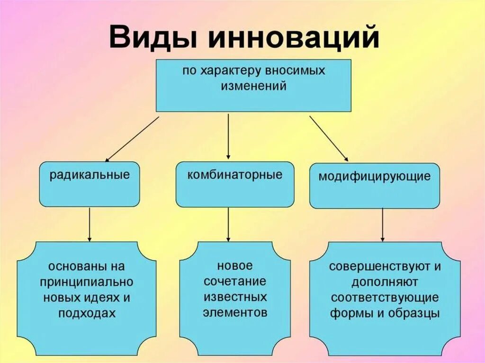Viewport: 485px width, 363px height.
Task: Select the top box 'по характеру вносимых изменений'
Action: click(253, 85)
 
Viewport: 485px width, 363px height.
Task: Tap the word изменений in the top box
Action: click(254, 87)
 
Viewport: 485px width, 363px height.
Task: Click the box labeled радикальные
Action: click(90, 184)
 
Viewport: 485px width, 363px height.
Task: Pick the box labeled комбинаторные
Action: click(235, 184)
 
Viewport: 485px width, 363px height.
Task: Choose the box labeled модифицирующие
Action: click(374, 186)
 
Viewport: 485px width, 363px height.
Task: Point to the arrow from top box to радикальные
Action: click(132, 139)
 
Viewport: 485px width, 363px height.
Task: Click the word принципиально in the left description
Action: click(87, 282)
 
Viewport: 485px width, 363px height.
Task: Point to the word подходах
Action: click(87, 313)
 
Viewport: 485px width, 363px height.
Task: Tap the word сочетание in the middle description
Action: click(235, 281)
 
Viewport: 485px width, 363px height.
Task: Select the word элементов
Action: click(235, 312)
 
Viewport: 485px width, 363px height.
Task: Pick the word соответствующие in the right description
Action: click(385, 298)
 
